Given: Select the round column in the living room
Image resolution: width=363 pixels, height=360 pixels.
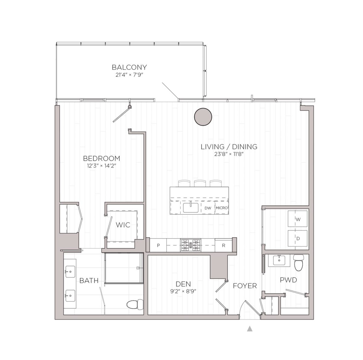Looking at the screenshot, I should [x=202, y=117].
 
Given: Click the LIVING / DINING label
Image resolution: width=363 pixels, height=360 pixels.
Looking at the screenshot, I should [x=229, y=147].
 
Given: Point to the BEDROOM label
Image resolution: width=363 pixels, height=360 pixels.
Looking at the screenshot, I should [x=102, y=158].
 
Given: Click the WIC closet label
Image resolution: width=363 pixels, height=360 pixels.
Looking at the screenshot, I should [x=123, y=225].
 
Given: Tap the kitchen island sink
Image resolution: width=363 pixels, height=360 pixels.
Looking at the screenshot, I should [x=191, y=208].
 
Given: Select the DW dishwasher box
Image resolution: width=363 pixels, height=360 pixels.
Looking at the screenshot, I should [x=208, y=208].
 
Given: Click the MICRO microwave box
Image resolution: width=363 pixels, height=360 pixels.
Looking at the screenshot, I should [x=221, y=208].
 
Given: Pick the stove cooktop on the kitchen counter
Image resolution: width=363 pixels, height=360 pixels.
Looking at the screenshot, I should [x=189, y=245].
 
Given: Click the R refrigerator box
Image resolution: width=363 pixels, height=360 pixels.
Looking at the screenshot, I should [x=224, y=246].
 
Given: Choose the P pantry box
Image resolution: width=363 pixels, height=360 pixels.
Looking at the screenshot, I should [x=158, y=246].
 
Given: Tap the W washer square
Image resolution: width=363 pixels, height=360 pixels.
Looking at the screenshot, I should [x=298, y=220].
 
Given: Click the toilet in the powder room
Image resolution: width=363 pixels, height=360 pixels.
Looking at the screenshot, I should [x=298, y=263].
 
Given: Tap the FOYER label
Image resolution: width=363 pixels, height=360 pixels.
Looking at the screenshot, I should [x=245, y=286].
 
